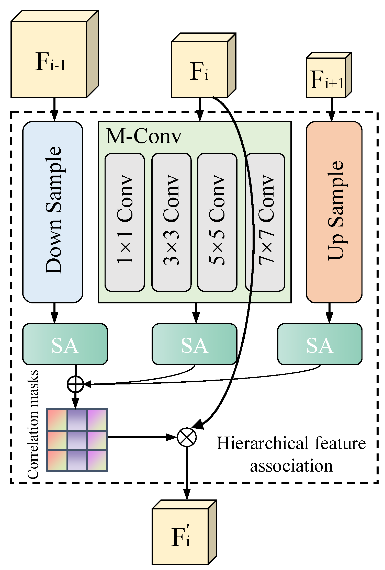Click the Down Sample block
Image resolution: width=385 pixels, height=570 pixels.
(53, 212)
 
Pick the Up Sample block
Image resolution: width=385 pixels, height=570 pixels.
(334, 212)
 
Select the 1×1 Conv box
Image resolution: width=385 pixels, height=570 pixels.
(124, 222)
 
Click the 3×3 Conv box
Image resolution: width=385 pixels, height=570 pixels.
(171, 222)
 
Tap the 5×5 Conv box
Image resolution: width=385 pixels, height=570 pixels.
(217, 222)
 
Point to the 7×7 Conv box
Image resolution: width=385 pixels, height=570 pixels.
(267, 222)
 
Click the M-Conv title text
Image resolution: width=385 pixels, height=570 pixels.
(143, 136)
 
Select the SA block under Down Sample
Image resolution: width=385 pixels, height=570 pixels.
(65, 344)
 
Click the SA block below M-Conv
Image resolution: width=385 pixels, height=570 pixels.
(194, 344)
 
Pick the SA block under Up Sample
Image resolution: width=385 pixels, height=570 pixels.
(320, 344)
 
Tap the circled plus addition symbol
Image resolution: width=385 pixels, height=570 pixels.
(75, 384)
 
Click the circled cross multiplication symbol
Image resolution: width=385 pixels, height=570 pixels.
(187, 437)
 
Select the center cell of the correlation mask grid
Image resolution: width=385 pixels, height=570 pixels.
(77, 440)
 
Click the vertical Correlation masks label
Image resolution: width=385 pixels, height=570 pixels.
(33, 424)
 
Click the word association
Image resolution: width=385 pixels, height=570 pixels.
(291, 466)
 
